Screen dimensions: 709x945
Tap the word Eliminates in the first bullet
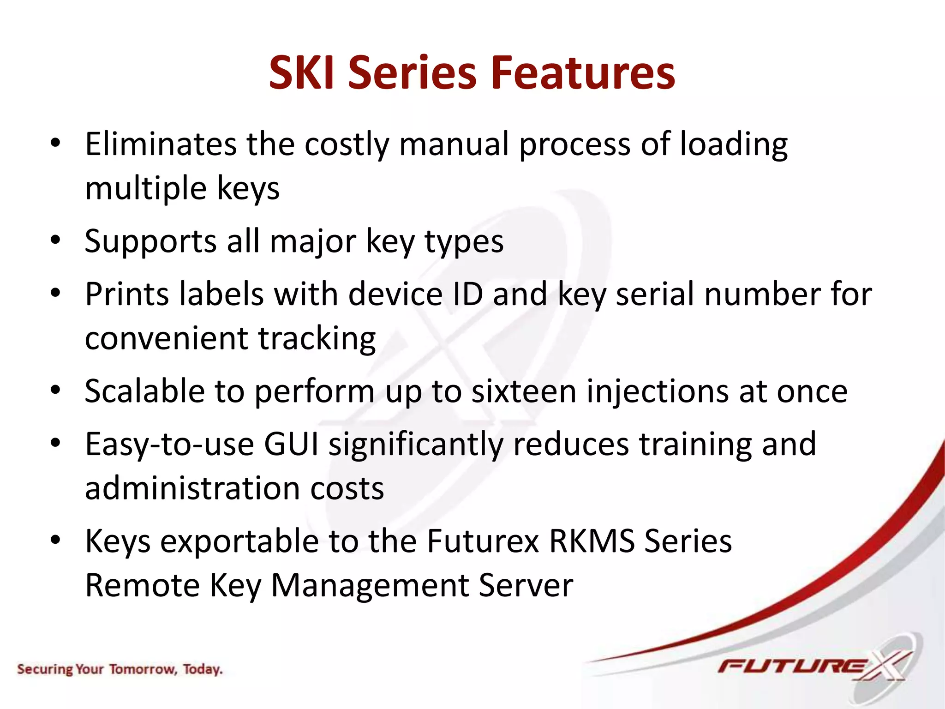coord(161,144)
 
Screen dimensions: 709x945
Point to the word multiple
coord(146,188)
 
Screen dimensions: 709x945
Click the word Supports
coord(150,242)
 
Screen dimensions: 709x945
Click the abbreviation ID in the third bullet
coord(467,294)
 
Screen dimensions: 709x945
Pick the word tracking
coord(317,339)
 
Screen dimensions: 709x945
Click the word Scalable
coord(144,391)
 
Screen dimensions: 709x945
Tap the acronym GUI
coord(291,444)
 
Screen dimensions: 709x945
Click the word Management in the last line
coord(370,585)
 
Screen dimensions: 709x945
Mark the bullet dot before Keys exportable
coord(56,540)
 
